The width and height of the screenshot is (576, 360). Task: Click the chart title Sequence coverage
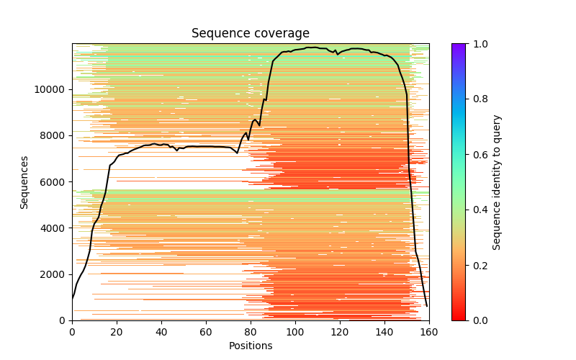click(250, 34)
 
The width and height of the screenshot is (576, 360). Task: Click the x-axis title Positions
click(250, 346)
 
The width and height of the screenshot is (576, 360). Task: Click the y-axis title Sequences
click(24, 182)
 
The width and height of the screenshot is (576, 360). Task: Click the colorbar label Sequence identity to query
click(497, 182)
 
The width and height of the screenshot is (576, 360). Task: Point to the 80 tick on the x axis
click(251, 320)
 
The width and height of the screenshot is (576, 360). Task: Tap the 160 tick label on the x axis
click(429, 331)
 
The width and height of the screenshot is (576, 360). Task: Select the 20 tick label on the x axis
click(117, 331)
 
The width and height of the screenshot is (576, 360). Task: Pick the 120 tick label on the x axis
click(340, 331)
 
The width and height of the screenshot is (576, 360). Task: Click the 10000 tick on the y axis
click(72, 89)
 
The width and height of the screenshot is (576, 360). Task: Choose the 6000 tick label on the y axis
click(53, 182)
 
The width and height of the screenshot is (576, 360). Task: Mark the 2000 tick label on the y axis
click(53, 274)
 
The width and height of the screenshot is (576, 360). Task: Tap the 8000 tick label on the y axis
click(53, 135)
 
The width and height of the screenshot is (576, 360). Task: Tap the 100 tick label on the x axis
click(295, 331)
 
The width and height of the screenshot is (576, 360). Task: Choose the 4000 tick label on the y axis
click(53, 228)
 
